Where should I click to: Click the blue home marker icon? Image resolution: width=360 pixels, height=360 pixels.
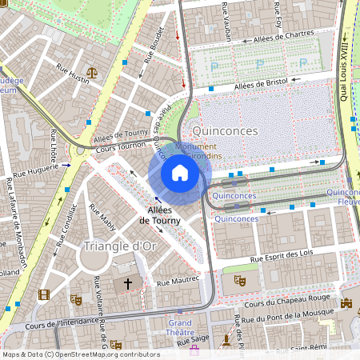[180, 173]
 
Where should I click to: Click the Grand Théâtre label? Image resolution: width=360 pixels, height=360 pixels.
[180, 327]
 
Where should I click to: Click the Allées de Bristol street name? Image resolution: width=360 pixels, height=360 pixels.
[262, 83]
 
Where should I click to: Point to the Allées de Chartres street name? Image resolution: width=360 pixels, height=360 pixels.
[282, 37]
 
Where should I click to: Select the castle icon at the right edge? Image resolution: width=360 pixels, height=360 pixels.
[346, 303]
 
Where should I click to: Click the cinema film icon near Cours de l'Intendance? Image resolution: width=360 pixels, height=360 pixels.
[43, 295]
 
